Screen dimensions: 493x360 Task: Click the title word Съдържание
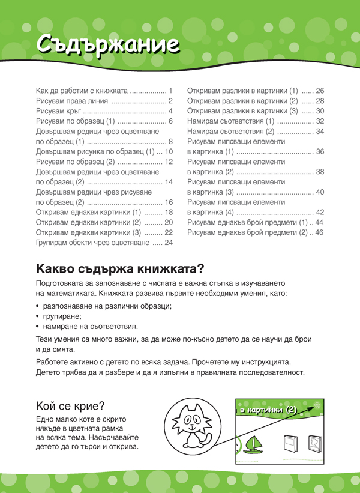106,44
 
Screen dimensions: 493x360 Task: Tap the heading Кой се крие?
71,405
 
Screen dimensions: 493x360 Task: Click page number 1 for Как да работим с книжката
170,91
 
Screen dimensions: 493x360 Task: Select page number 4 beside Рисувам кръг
170,111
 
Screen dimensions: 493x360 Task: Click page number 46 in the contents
319,232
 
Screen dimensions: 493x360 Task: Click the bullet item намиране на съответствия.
90,327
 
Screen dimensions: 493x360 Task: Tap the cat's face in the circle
192,418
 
